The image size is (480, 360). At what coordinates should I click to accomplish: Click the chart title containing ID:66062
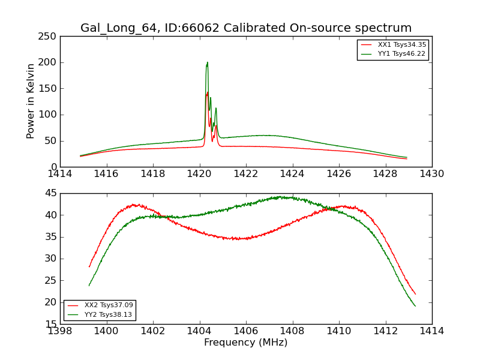(x=246, y=28)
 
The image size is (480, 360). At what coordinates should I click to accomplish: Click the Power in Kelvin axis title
(x=31, y=101)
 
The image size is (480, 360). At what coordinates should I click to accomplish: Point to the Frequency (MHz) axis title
(x=245, y=343)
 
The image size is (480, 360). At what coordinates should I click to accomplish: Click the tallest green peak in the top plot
(x=207, y=62)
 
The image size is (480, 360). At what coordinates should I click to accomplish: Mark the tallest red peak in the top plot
(x=208, y=92)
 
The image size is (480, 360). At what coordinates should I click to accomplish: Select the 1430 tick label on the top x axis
(x=431, y=174)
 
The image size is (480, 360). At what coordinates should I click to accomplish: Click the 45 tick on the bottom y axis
(x=52, y=193)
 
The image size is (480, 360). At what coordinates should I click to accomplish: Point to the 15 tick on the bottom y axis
(x=52, y=324)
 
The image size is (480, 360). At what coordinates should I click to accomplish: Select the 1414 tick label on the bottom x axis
(x=431, y=331)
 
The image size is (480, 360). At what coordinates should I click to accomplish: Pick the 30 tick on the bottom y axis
(x=52, y=259)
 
